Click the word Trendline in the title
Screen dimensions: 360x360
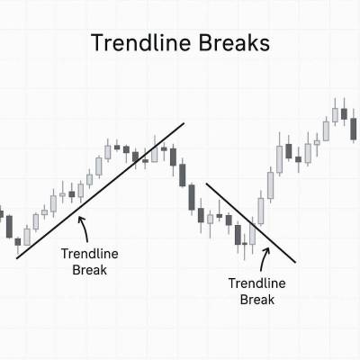pyautogui.click(x=140, y=43)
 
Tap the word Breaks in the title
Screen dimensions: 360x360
pyautogui.click(x=234, y=43)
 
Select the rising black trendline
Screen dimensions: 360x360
pyautogui.click(x=100, y=191)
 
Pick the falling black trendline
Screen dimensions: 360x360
pyautogui.click(x=251, y=222)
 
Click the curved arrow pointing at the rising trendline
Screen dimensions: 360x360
pyautogui.click(x=85, y=229)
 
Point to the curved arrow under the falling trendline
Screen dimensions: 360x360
pyautogui.click(x=264, y=259)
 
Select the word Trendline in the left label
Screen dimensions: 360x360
pyautogui.click(x=90, y=254)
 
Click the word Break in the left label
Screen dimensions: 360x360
pyautogui.click(x=89, y=270)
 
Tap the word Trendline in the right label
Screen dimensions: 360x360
pyautogui.click(x=257, y=283)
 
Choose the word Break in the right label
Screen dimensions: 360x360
pyautogui.click(x=257, y=300)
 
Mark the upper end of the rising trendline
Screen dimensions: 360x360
pyautogui.click(x=184, y=122)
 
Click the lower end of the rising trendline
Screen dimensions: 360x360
pyautogui.click(x=17, y=258)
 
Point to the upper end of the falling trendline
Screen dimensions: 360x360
pyautogui.click(x=206, y=183)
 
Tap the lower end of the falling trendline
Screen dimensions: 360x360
pyautogui.click(x=295, y=263)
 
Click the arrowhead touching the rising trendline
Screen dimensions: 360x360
pyautogui.click(x=80, y=219)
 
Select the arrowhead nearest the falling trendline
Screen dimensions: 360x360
pyautogui.click(x=266, y=249)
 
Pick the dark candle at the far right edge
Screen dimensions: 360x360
pyautogui.click(x=354, y=128)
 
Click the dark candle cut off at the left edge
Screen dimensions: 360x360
pyautogui.click(x=1, y=213)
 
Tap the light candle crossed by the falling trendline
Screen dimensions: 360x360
pyautogui.click(x=253, y=234)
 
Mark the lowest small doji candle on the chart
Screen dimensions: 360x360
pyautogui.click(x=245, y=244)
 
